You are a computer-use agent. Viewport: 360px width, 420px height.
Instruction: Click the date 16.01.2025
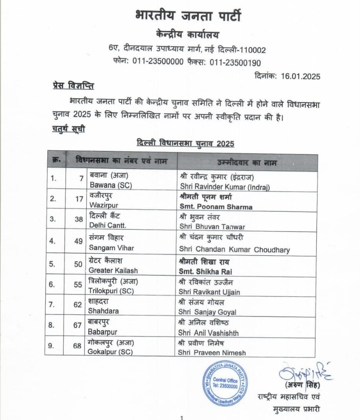point(301,76)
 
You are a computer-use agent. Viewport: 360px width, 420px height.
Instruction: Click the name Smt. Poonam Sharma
point(216,207)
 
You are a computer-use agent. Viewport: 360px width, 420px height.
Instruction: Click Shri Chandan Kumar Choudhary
point(234,250)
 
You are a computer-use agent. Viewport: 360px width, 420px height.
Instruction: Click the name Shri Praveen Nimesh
point(212,353)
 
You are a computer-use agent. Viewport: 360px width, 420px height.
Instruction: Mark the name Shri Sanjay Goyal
point(208,312)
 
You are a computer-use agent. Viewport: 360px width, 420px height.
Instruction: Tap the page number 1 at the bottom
point(181,418)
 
